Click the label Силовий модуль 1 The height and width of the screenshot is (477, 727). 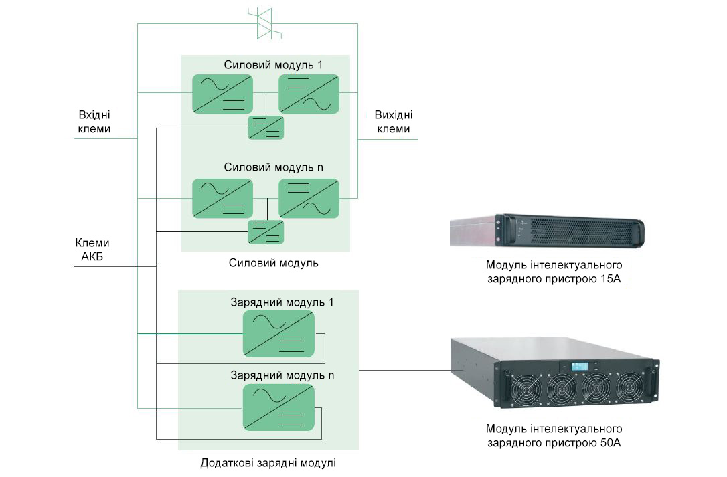pos(272,65)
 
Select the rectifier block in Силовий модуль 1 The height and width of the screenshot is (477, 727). pos(222,93)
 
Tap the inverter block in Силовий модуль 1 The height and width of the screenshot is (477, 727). pos(309,93)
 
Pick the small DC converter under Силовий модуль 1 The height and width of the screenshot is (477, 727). pos(266,127)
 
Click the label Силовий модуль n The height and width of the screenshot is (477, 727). pos(273,167)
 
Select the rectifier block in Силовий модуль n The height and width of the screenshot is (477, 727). pos(222,198)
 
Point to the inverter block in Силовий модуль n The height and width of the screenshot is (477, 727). pos(309,198)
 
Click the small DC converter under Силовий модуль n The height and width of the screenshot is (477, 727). pos(266,231)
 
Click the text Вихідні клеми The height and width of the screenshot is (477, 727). pos(393,122)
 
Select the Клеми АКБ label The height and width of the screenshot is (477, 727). pos(92,250)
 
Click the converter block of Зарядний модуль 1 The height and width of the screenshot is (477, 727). pos(278,333)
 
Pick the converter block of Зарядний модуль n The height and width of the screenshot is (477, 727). pos(278,407)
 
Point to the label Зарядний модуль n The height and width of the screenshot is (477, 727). pos(282,375)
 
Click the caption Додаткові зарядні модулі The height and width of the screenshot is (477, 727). pos(268,463)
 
